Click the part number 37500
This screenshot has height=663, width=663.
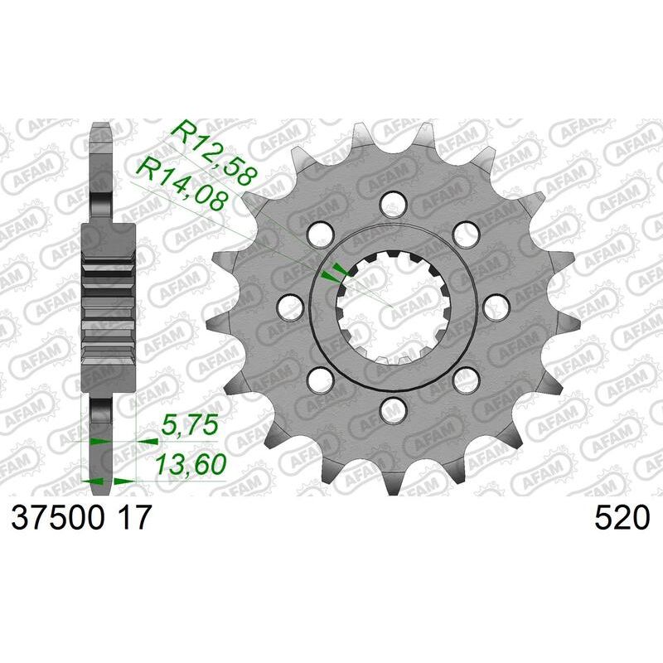[56, 519]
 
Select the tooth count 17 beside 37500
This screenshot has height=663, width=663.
[133, 519]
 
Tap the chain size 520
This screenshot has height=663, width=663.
[621, 519]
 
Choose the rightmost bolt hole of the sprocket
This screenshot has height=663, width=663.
[495, 307]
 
